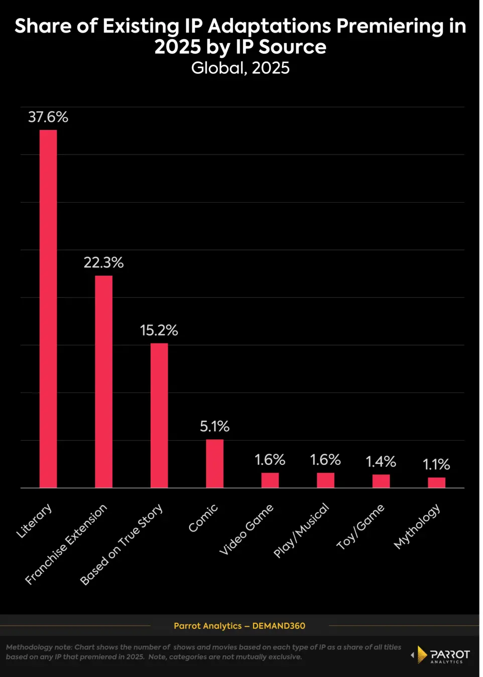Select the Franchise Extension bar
[x=104, y=382]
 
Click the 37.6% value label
[x=48, y=117]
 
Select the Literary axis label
[x=34, y=521]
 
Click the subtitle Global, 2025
[x=240, y=68]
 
